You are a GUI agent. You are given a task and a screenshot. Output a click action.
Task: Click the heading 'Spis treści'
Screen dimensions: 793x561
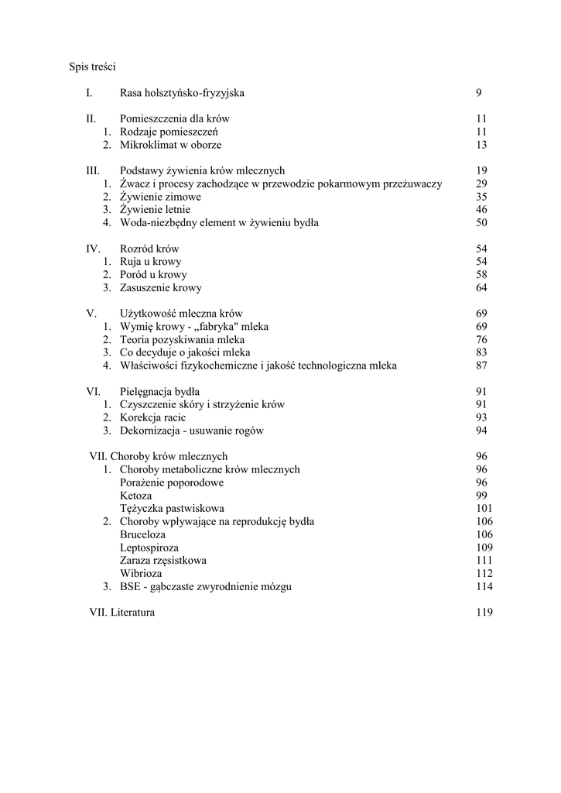92,67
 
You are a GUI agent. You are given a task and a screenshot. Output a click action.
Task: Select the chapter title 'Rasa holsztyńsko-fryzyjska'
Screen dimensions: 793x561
182,93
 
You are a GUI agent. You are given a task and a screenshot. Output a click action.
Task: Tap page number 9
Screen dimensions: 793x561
479,93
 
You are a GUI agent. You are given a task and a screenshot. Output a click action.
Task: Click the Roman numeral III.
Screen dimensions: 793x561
92,170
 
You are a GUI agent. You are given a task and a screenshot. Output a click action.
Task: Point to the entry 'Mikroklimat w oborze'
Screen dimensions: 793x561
170,145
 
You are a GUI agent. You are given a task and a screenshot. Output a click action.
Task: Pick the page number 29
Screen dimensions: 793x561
481,184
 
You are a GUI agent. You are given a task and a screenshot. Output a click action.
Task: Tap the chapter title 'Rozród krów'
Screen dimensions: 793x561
149,249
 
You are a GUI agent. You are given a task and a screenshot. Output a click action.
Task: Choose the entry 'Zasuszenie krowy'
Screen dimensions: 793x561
161,288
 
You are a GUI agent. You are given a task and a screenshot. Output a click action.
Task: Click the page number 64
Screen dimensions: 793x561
481,288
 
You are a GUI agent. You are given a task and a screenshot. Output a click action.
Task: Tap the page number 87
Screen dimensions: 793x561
481,366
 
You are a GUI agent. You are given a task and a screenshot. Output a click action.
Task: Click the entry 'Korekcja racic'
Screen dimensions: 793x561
153,418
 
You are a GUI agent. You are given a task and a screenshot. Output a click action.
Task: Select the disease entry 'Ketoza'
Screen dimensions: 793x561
136,496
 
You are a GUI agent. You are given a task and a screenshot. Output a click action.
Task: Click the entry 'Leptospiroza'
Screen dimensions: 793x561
149,548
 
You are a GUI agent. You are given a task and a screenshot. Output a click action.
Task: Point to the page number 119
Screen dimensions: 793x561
484,613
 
